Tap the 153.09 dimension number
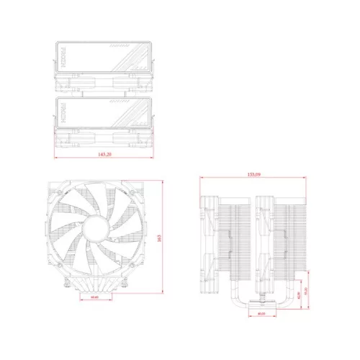[x=253, y=174]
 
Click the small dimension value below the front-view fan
[x=94, y=297]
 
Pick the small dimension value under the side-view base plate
[x=261, y=313]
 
